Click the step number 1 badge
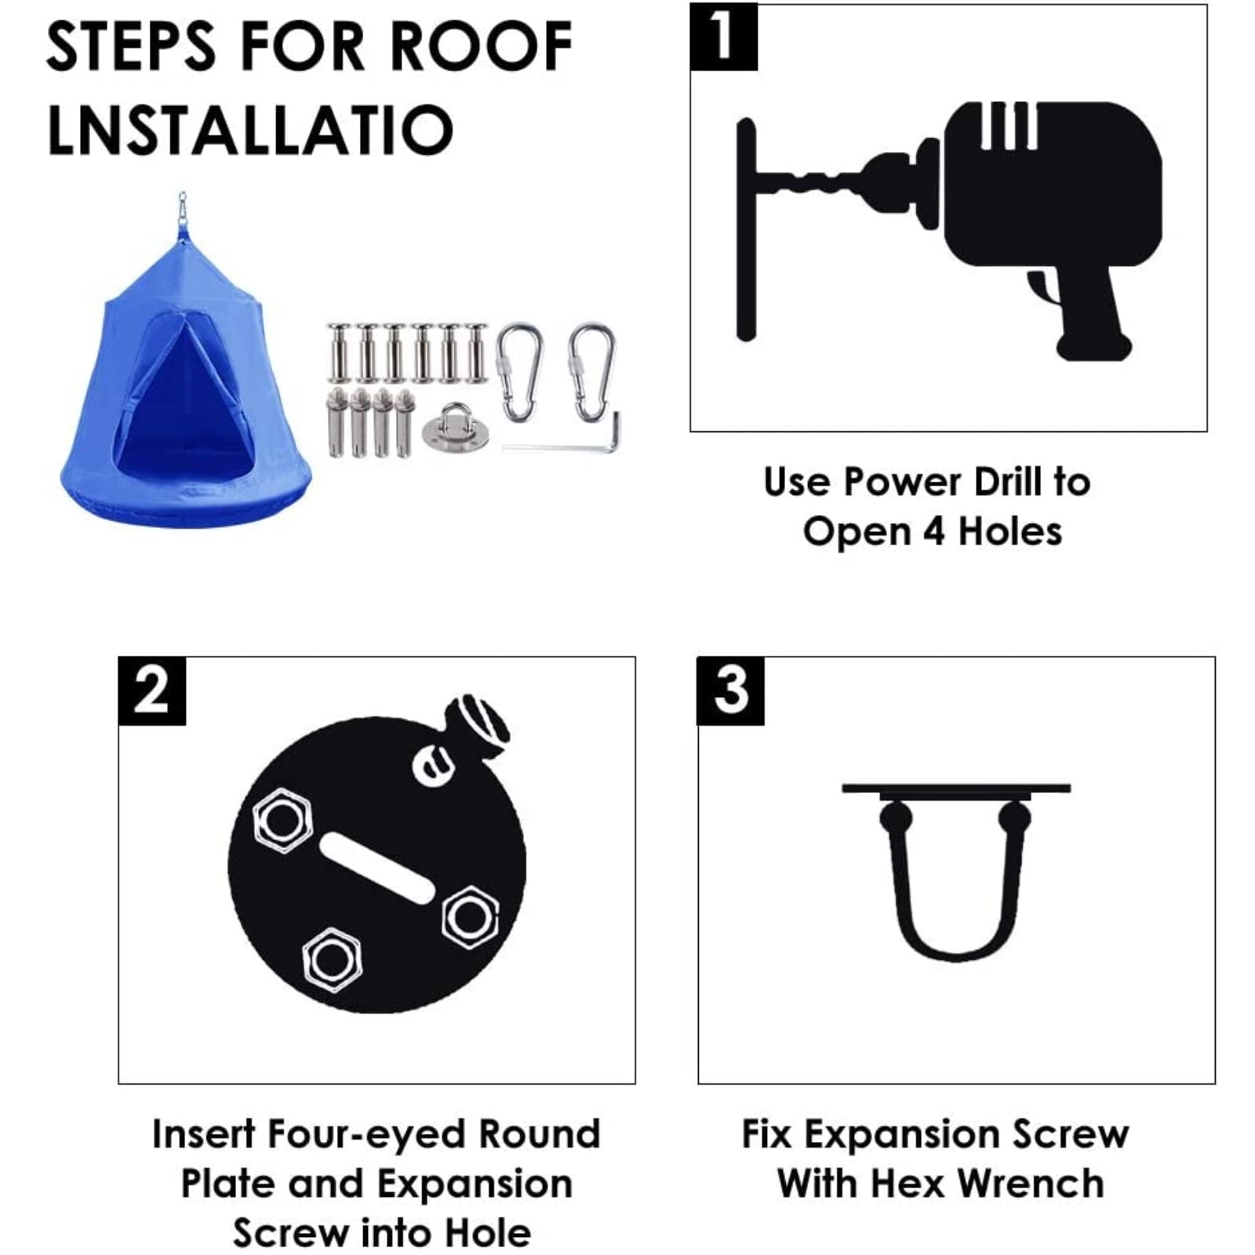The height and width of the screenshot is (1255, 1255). tap(723, 37)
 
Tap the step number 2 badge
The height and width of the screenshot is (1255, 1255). tap(152, 691)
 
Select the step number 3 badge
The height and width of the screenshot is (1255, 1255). tap(731, 691)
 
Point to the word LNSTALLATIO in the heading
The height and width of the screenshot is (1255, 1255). tap(250, 129)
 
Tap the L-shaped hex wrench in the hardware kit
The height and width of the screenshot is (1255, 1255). tap(562, 435)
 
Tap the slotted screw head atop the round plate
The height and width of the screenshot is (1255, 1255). tap(478, 726)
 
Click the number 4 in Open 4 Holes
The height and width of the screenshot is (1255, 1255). tap(933, 532)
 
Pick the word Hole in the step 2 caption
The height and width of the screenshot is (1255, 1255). tap(488, 1233)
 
